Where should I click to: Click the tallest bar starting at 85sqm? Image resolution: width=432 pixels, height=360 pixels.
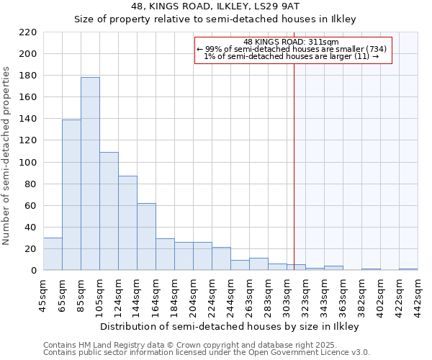click(x=90, y=174)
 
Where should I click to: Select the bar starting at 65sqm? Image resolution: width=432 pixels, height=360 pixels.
click(x=71, y=194)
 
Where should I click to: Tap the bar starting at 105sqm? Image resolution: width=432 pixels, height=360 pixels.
click(x=109, y=211)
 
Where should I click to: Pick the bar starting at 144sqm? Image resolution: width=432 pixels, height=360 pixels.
click(x=146, y=236)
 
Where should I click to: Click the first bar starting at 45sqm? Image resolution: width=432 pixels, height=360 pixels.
click(x=53, y=253)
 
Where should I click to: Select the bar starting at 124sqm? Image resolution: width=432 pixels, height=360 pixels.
click(x=127, y=222)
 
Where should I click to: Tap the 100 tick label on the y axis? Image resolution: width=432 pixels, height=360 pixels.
click(x=29, y=163)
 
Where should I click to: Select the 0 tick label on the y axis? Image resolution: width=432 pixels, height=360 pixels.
click(x=34, y=271)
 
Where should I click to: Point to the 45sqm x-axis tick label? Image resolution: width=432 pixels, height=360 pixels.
click(x=43, y=295)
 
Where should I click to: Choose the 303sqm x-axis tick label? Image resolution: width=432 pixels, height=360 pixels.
click(x=287, y=295)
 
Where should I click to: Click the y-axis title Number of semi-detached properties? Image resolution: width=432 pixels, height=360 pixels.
click(x=7, y=156)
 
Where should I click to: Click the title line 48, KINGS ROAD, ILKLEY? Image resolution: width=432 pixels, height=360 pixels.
click(x=215, y=6)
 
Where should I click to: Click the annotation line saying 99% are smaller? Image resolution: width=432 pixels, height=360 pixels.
click(x=292, y=49)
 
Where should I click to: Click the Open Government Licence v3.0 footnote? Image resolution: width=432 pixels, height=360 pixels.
click(x=207, y=353)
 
